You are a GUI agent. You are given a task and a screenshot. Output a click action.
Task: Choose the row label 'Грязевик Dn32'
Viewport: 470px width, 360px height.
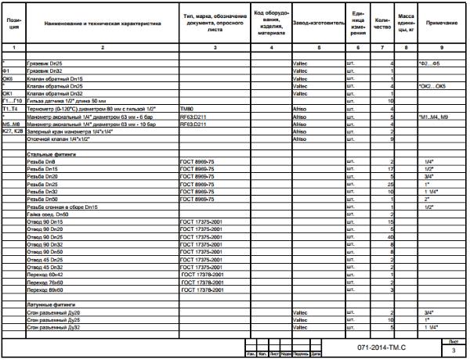pyautogui.click(x=43, y=71)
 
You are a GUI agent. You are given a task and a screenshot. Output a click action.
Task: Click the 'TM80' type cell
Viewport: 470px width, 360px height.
pyautogui.click(x=186, y=108)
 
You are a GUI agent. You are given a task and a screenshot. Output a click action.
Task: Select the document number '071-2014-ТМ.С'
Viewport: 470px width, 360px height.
pyautogui.click(x=377, y=344)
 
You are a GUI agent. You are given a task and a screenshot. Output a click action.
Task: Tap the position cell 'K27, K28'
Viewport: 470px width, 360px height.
pyautogui.click(x=13, y=131)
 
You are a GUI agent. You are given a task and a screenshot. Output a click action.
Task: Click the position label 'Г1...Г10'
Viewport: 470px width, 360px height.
pyautogui.click(x=13, y=101)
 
